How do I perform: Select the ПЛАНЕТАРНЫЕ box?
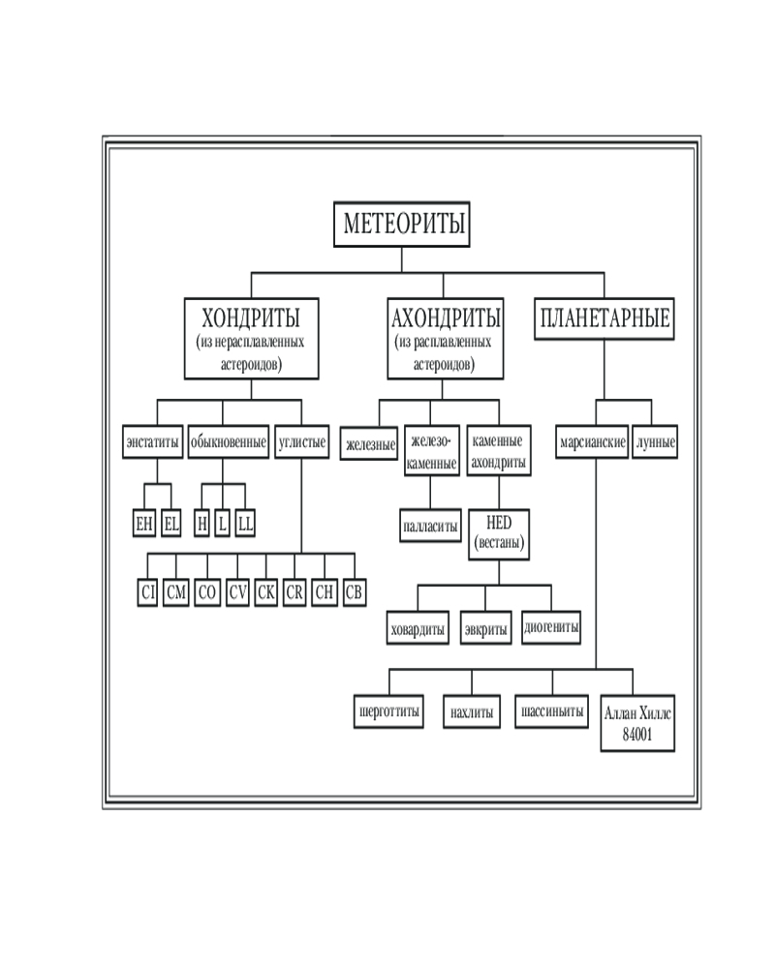(x=604, y=320)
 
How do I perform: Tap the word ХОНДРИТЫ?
(x=250, y=318)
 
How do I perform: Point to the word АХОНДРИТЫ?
(x=446, y=318)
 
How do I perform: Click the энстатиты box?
(x=153, y=442)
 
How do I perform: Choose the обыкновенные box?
(x=229, y=442)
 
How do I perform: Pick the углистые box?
(x=302, y=442)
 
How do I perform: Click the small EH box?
(x=143, y=523)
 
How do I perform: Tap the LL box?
(x=245, y=523)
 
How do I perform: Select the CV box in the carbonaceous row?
(x=237, y=593)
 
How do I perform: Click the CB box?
(x=355, y=593)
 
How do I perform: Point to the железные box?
(x=369, y=444)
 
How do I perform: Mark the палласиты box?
(x=429, y=529)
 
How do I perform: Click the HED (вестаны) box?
(x=499, y=534)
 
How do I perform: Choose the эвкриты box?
(x=485, y=628)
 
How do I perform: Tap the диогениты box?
(x=552, y=628)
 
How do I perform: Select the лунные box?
(x=655, y=442)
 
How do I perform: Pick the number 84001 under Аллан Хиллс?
(x=636, y=734)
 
